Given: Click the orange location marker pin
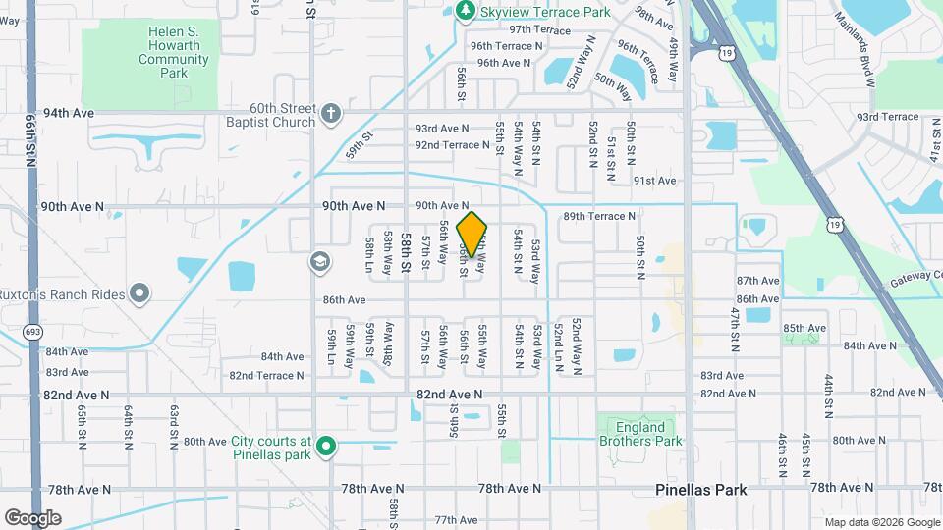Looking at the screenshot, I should (x=472, y=234).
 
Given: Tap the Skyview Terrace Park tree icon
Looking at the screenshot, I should (x=466, y=11).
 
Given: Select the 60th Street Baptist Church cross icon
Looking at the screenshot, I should (x=331, y=114).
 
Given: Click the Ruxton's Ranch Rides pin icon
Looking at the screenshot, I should (x=139, y=291).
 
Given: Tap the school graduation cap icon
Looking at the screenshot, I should (x=319, y=262).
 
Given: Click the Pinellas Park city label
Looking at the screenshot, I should (x=700, y=490).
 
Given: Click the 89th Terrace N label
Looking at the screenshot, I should (x=599, y=216).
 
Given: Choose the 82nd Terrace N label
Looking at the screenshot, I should (x=266, y=376).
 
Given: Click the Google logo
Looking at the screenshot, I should (x=32, y=517).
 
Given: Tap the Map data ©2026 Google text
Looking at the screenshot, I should (x=881, y=522).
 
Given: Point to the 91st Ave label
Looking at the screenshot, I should (x=654, y=181).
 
